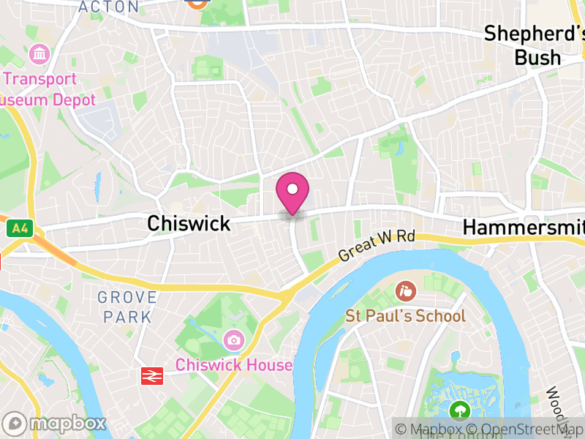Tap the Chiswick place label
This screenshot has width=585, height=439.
(x=189, y=223)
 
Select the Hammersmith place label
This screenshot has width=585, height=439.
(x=524, y=228)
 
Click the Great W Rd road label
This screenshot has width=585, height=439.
(x=377, y=247)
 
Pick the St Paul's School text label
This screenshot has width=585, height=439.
(x=405, y=316)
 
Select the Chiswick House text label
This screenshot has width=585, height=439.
(x=234, y=365)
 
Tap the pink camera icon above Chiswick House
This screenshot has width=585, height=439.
(x=234, y=339)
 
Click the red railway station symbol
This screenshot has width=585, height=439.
(x=151, y=375)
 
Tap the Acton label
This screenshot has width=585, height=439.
(x=108, y=7)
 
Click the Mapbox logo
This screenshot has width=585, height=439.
(x=56, y=423)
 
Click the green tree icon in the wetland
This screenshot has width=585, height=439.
(x=460, y=410)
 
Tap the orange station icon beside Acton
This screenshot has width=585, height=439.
(x=196, y=2)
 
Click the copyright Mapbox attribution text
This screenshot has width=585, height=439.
(x=436, y=429)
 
